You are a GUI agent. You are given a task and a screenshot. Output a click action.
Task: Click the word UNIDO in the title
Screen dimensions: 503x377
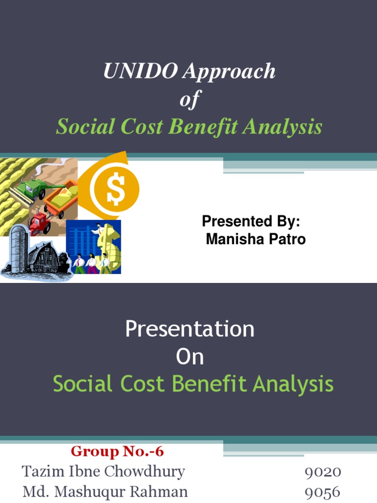click(140, 72)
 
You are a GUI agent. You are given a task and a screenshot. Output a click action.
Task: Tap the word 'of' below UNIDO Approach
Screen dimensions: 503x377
click(189, 100)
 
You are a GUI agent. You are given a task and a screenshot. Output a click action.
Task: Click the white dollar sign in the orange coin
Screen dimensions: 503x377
click(116, 189)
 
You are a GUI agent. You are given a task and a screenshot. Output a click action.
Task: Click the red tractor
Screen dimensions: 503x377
click(39, 224)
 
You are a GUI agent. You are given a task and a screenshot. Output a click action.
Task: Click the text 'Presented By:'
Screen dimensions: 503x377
click(250, 222)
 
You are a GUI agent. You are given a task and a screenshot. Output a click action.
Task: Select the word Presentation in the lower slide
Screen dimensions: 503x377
click(189, 329)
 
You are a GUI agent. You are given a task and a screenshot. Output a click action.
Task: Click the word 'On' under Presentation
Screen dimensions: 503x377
click(189, 357)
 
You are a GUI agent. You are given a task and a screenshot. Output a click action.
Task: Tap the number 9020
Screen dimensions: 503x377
click(323, 473)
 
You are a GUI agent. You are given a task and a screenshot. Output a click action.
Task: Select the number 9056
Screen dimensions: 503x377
click(323, 492)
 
